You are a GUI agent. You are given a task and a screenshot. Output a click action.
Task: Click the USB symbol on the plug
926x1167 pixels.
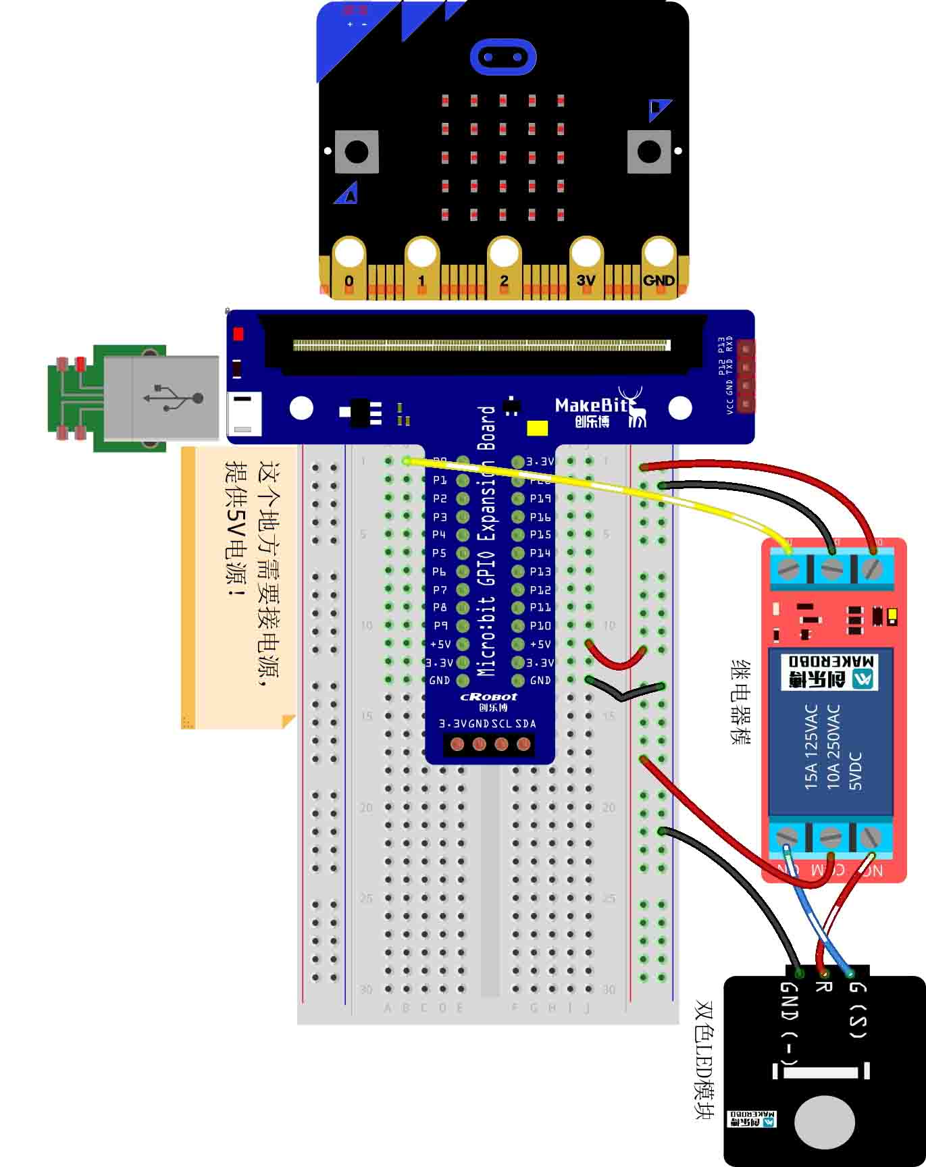(174, 398)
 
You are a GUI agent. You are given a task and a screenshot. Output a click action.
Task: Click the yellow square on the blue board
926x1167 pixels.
(537, 428)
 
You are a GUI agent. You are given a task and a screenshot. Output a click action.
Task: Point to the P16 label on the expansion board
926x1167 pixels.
(540, 517)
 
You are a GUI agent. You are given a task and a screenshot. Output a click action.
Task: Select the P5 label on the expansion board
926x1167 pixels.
(440, 553)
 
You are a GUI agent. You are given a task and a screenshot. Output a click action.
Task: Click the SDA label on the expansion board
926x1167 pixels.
(525, 724)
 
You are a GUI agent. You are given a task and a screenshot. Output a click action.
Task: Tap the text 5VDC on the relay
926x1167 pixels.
(856, 771)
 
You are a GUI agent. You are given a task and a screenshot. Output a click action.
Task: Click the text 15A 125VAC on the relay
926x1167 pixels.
(811, 747)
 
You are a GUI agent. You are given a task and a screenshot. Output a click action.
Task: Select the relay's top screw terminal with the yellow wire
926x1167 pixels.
(788, 568)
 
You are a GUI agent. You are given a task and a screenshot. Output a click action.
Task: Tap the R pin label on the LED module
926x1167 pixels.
(823, 987)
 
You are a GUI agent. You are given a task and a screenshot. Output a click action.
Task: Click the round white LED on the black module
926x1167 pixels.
(824, 1122)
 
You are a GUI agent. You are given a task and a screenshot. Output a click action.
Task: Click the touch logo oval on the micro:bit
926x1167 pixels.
(503, 57)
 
